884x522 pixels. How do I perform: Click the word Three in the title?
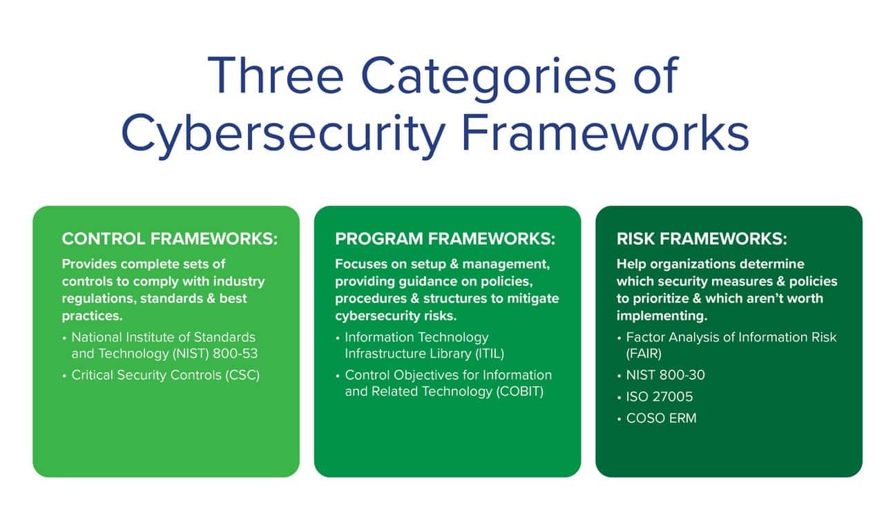[275, 75]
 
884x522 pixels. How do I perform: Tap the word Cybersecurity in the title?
[283, 134]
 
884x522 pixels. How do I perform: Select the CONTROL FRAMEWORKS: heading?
[170, 239]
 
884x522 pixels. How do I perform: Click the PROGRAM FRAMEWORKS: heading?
[445, 239]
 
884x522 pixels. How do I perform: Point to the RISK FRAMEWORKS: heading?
[702, 239]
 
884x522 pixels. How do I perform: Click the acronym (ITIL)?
[490, 354]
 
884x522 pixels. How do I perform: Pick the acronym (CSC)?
[242, 375]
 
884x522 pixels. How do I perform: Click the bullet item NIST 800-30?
[665, 375]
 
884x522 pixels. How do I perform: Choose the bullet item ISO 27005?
[660, 396]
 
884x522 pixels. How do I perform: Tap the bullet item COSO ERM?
[662, 418]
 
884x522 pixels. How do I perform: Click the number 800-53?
[236, 354]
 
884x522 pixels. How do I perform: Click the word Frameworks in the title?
[606, 133]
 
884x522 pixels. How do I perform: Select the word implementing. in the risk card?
[662, 316]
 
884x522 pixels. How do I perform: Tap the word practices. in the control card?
[92, 316]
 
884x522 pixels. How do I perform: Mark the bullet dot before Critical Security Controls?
[64, 376]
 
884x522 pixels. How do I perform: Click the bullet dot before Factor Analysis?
[619, 338]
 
